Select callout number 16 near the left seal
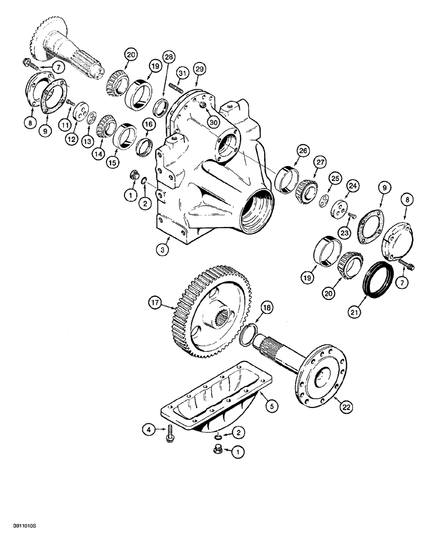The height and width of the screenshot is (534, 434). pos(148,124)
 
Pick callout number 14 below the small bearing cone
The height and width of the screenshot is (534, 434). pos(98,152)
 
